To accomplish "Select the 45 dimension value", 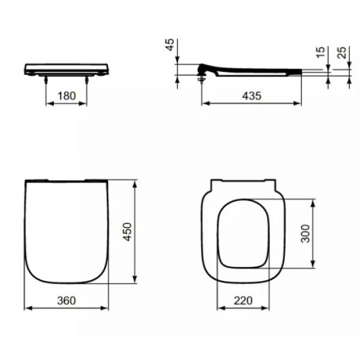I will click(170, 48).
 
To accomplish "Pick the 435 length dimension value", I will click(251, 95).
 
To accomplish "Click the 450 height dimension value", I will click(127, 233).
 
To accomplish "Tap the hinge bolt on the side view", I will click(200, 78).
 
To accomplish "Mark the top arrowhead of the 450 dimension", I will click(135, 182).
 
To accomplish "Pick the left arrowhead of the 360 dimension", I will click(27, 307).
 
